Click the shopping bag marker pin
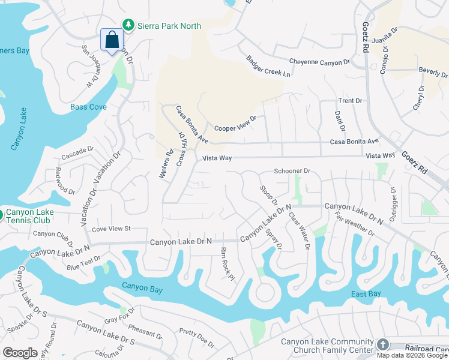click(x=112, y=41)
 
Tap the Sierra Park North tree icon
click(x=128, y=25)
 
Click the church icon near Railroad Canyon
click(x=383, y=345)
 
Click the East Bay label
click(x=366, y=293)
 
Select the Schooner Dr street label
click(x=292, y=171)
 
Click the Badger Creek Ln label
click(x=268, y=67)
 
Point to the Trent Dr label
click(x=351, y=101)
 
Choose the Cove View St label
click(x=111, y=229)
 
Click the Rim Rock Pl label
click(x=226, y=264)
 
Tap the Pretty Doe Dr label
click(x=196, y=337)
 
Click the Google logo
click(x=20, y=353)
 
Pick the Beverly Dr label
click(x=433, y=72)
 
